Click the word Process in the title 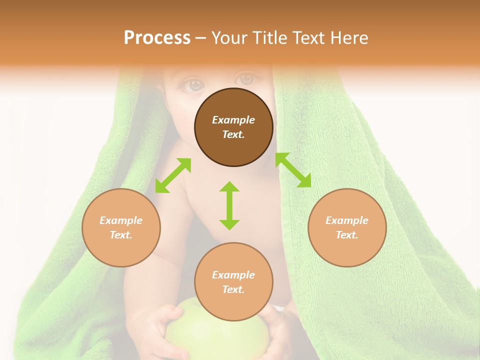tap(157, 38)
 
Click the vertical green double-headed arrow tap(229, 205)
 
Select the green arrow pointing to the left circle tap(173, 175)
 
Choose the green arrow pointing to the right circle tap(293, 170)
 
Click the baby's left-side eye tap(192, 85)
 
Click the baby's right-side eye tap(245, 79)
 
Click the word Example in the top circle tap(233, 120)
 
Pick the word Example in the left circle tap(121, 220)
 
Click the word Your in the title tap(230, 38)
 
